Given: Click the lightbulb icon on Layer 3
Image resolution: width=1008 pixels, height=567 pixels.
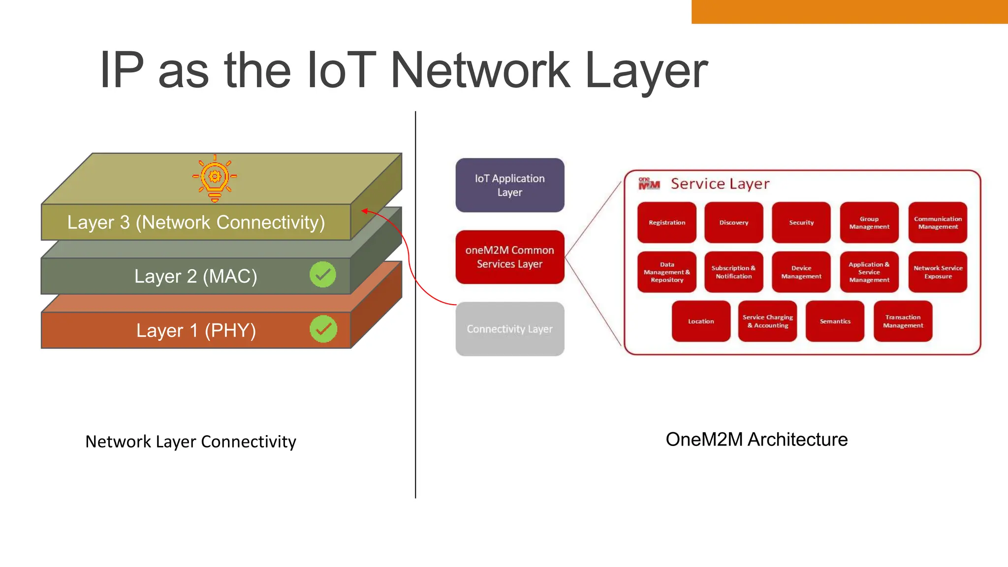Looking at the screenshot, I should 215,178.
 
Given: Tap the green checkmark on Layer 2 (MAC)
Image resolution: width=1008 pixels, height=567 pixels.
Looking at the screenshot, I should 323,275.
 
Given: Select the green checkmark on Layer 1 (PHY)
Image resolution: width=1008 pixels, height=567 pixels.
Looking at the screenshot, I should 323,329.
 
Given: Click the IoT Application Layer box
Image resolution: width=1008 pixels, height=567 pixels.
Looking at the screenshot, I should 509,186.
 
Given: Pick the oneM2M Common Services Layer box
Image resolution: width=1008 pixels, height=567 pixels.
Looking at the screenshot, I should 509,257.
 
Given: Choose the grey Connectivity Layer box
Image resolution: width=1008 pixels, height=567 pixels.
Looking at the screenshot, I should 509,329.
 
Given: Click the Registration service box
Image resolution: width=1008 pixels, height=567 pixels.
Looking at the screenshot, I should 666,222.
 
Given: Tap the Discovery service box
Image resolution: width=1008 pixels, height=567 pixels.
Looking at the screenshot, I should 733,222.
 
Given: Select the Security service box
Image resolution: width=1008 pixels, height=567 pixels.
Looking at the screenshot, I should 801,222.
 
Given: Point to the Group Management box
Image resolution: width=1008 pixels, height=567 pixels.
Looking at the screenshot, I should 869,222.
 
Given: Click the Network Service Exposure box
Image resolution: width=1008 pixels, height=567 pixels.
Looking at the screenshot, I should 938,272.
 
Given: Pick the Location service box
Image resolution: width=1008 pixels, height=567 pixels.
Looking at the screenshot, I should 701,321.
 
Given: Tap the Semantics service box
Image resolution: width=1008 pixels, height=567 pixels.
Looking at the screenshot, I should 835,321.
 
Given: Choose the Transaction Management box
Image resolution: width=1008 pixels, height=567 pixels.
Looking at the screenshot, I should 903,321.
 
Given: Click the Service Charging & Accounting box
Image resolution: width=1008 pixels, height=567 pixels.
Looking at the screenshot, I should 767,321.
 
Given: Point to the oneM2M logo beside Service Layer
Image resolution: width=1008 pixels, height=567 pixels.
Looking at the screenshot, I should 649,184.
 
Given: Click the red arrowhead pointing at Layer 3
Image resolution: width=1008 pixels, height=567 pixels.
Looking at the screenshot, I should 365,211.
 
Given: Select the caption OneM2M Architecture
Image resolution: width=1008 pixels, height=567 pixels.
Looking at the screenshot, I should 756,440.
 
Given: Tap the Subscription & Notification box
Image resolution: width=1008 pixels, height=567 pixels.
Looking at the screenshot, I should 733,272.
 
